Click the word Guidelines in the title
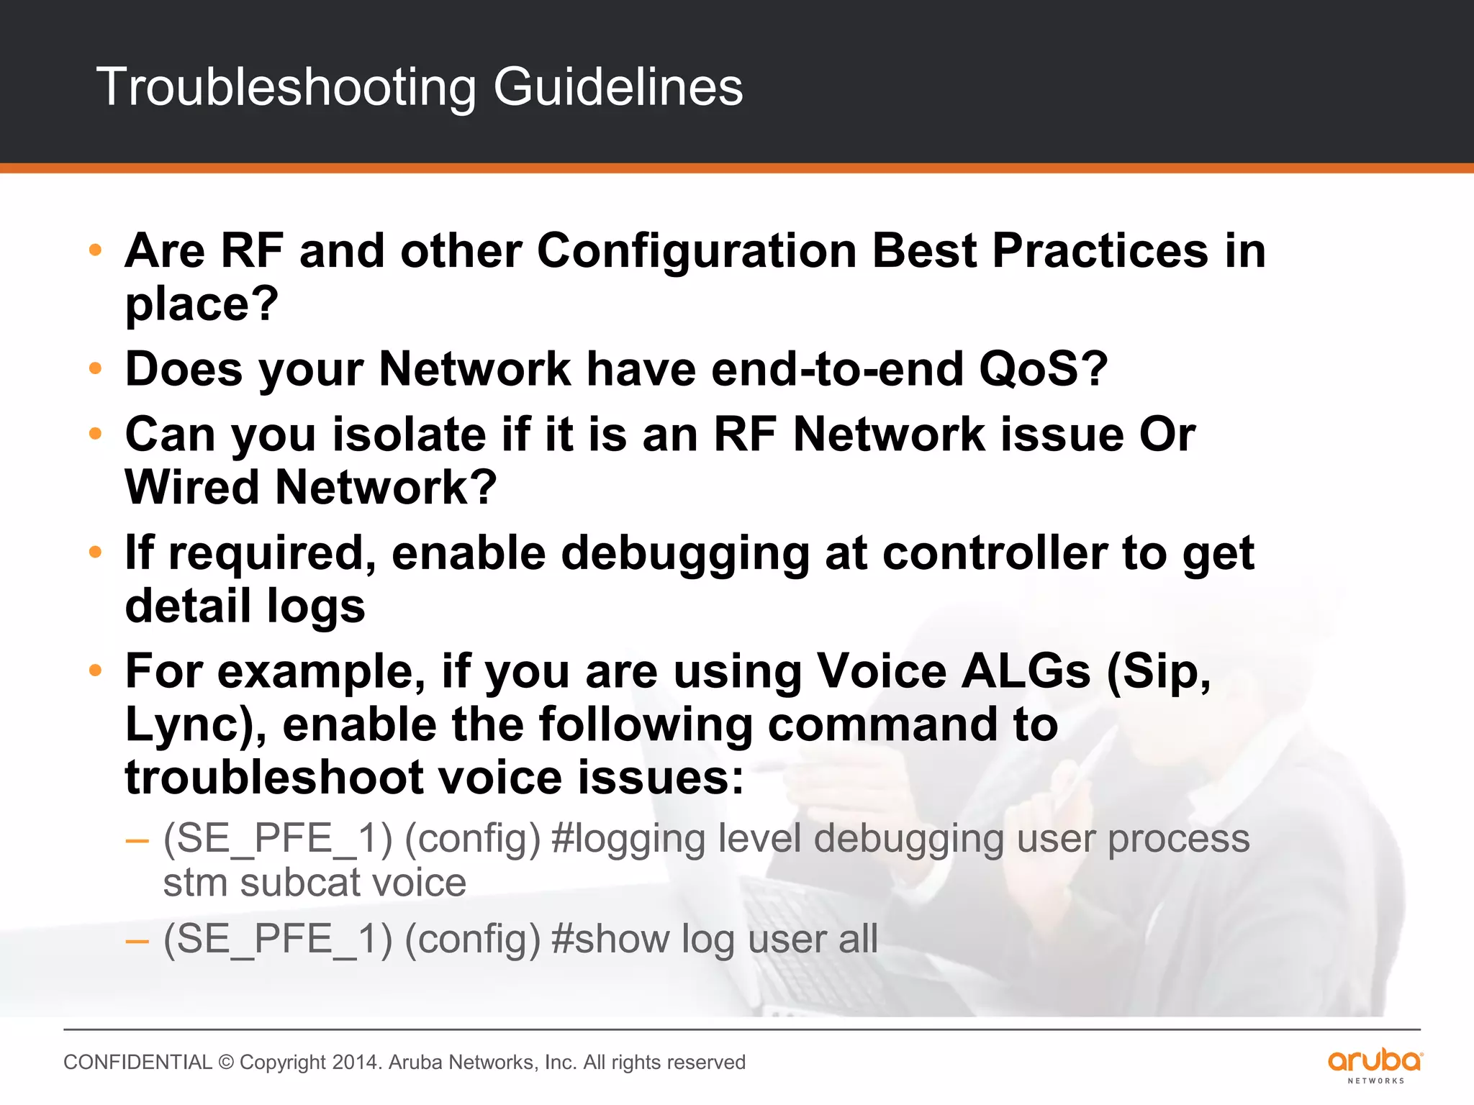618,86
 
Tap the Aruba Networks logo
1375,1065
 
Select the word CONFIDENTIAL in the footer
137,1063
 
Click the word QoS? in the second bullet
1043,369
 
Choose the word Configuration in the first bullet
697,251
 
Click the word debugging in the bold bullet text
685,553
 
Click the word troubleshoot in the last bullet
274,778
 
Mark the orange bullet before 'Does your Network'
95,369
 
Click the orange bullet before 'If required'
95,552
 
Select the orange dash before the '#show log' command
137,940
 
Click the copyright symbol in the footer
226,1063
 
